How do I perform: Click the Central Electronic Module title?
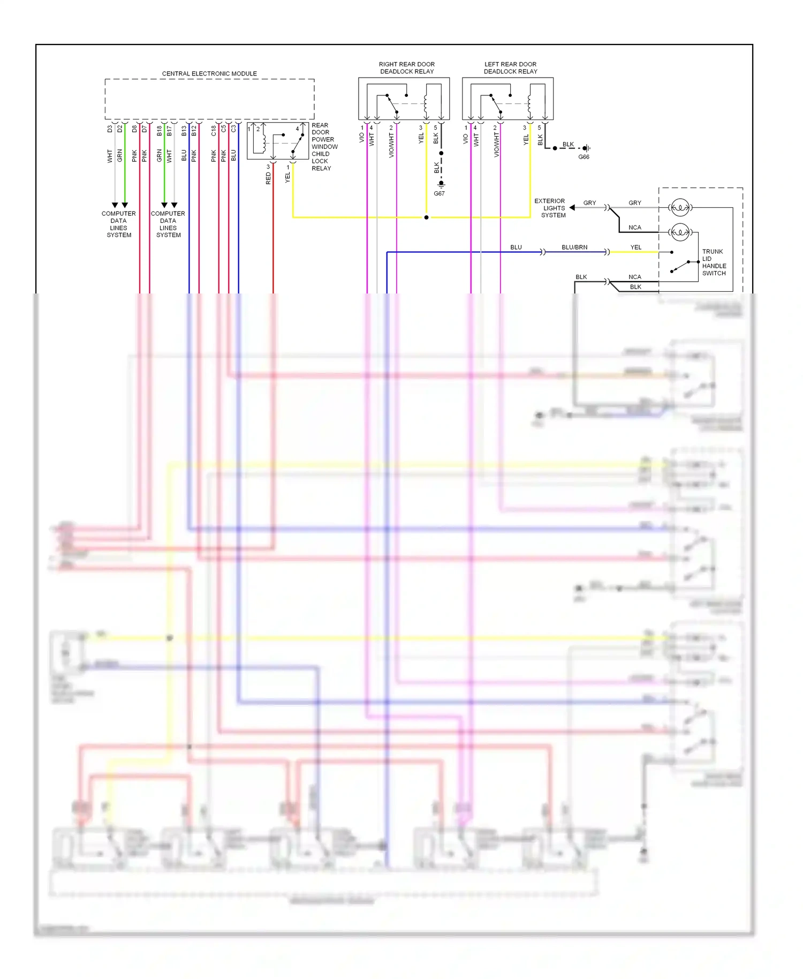click(x=209, y=73)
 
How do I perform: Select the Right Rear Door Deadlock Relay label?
click(x=406, y=67)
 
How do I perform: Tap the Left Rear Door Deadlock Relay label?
click(x=510, y=67)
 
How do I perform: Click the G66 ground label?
click(x=584, y=157)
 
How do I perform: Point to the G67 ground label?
click(x=439, y=193)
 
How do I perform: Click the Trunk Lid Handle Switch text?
click(x=714, y=262)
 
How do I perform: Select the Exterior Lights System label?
click(x=550, y=208)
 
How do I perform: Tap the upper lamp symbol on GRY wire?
click(x=680, y=207)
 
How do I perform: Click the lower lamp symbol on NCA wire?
click(x=680, y=232)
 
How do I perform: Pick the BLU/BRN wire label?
click(x=574, y=247)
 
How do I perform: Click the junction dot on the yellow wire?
click(x=426, y=217)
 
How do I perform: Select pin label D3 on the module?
click(x=110, y=129)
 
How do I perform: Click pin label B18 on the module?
click(x=159, y=130)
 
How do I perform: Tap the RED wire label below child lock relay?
click(x=268, y=178)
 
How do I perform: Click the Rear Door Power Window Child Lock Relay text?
click(x=324, y=147)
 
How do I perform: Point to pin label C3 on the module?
click(x=233, y=129)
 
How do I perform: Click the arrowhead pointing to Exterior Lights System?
click(x=572, y=207)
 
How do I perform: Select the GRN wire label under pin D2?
click(x=120, y=155)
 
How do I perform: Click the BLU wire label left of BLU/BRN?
click(x=516, y=247)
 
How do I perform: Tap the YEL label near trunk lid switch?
click(x=635, y=247)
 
